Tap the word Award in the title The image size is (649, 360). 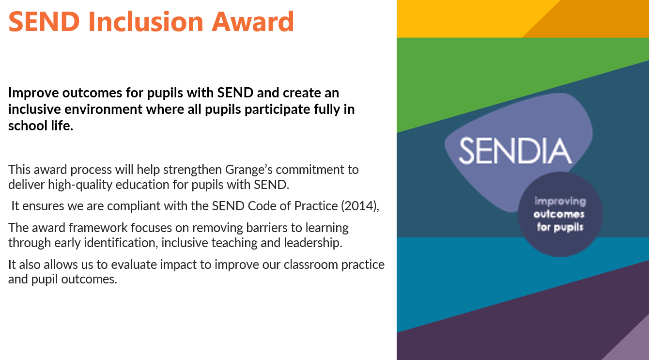point(253,21)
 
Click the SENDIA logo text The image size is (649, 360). point(515,151)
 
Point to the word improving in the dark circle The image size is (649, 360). point(560,202)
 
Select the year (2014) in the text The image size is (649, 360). point(359,206)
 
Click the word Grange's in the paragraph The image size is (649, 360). point(248,170)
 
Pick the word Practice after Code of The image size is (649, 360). point(316,206)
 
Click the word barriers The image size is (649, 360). point(266,228)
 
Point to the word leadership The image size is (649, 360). point(313,243)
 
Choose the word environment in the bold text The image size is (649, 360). point(103,110)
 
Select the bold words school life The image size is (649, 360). point(41,126)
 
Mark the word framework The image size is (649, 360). point(98,228)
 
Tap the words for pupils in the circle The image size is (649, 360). point(560,227)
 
